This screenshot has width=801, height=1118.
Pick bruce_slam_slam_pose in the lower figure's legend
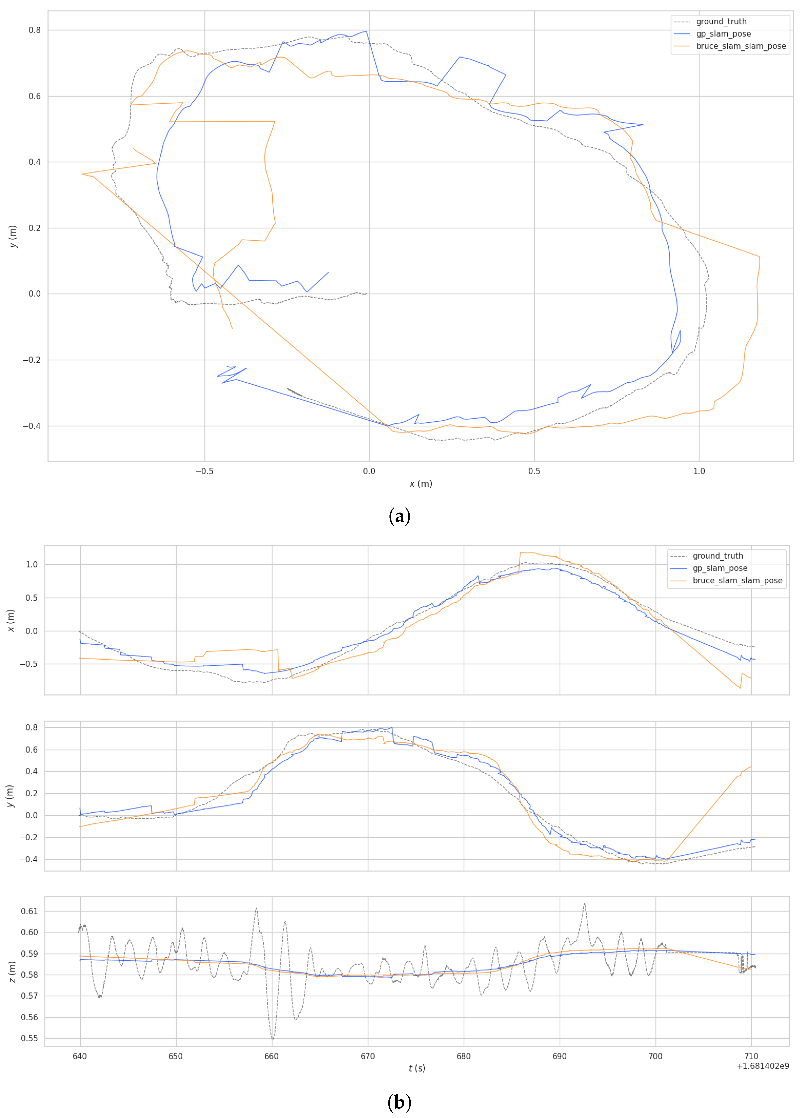(737, 581)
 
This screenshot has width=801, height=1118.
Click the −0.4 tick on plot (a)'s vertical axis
(32, 426)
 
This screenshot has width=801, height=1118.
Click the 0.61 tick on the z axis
(29, 911)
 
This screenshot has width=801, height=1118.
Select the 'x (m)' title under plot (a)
(421, 484)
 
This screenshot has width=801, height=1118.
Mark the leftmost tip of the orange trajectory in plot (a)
(82, 174)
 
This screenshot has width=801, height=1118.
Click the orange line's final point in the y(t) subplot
(751, 767)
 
